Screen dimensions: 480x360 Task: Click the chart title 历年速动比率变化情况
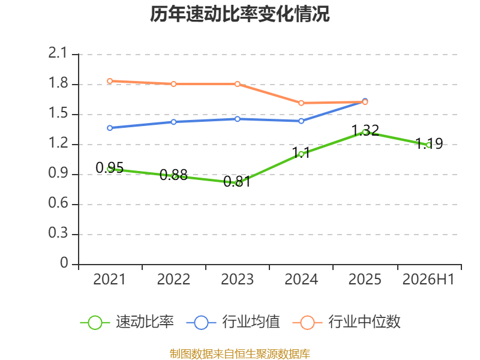239,14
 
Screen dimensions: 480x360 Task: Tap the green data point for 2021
110,169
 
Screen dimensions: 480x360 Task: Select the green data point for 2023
237,183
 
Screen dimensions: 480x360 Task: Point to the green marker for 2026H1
428,145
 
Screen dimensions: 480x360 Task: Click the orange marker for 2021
110,81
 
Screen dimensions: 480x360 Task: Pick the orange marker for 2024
301,103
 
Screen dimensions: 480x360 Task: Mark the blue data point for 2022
173,122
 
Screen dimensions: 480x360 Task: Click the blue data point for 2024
301,121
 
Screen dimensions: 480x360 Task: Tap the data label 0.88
173,175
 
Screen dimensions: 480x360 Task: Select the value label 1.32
365,130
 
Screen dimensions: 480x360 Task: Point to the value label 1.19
429,143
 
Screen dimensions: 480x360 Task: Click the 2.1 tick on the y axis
58,53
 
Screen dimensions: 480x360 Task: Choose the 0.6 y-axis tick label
58,203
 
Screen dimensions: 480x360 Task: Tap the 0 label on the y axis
64,263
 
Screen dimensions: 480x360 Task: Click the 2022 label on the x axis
173,279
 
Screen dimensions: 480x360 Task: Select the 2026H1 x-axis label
428,279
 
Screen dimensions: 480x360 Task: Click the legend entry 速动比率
127,322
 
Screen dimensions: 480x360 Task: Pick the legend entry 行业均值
233,322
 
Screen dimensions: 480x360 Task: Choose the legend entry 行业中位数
347,322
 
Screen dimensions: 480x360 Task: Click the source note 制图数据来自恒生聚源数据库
239,354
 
